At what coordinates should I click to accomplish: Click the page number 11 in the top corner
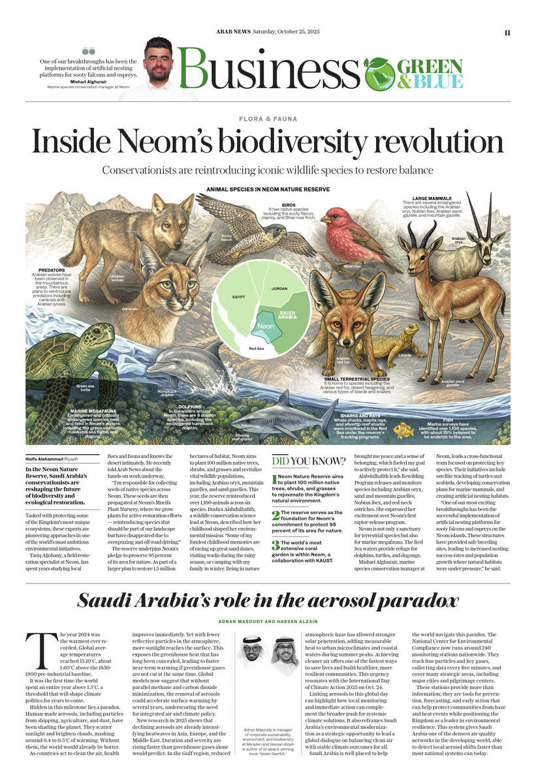coord(507,33)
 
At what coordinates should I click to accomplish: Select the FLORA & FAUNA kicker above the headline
coord(268,119)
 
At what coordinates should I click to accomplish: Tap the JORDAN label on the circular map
coord(279,287)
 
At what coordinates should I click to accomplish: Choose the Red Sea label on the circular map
coord(257,348)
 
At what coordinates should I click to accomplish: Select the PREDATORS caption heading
coord(52,269)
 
